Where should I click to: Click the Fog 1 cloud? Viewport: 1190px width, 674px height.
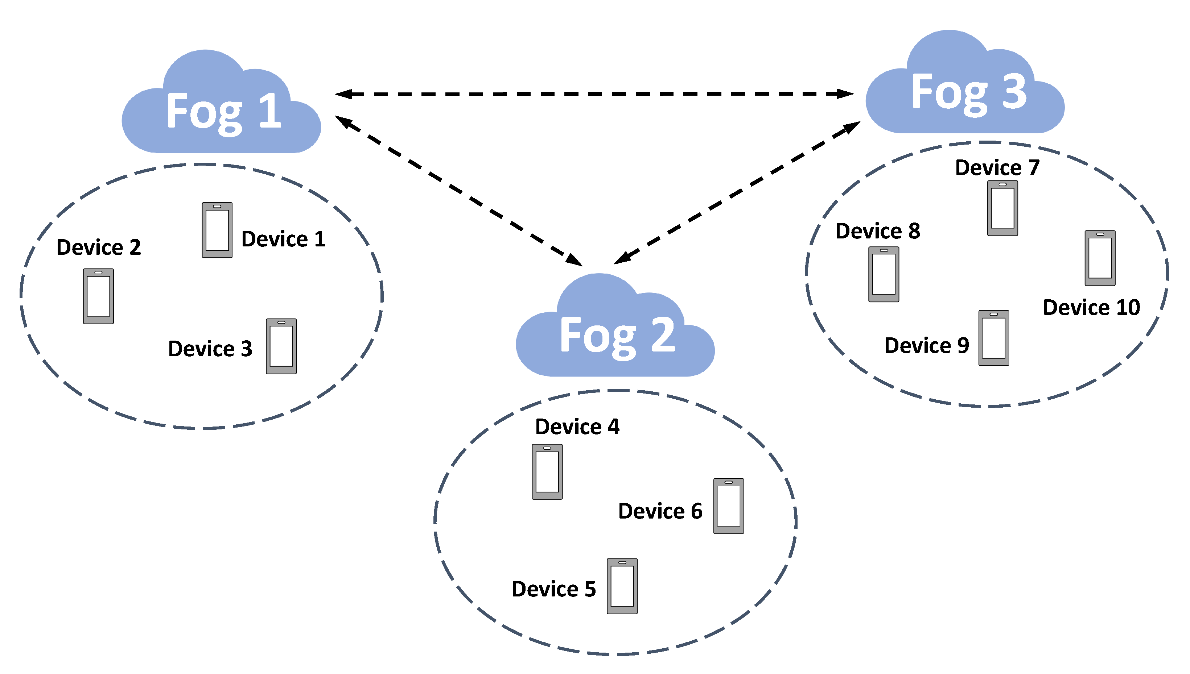pos(221,111)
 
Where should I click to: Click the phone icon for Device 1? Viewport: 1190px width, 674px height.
pos(217,230)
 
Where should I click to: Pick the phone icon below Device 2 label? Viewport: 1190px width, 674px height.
pos(98,296)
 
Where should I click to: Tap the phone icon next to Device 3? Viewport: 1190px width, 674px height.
pos(281,346)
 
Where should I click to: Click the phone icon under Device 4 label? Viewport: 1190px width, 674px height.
pos(547,472)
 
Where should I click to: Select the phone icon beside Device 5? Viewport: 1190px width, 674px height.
pos(622,586)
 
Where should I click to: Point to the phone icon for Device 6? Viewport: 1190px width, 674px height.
pos(728,506)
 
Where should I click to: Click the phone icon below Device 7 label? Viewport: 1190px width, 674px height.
pos(1002,208)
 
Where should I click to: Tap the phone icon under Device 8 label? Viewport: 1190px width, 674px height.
pos(884,274)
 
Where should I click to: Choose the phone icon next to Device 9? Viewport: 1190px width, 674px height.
pos(993,338)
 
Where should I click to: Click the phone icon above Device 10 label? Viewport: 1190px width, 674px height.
pos(1100,258)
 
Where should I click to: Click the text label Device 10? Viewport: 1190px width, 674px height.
pos(1091,307)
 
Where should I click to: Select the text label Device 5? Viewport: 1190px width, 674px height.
pos(553,589)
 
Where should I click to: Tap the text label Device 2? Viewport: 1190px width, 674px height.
pos(98,247)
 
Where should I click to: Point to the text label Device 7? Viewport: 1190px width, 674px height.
pos(997,167)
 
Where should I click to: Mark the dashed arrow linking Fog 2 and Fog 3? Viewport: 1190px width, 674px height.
pos(737,193)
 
